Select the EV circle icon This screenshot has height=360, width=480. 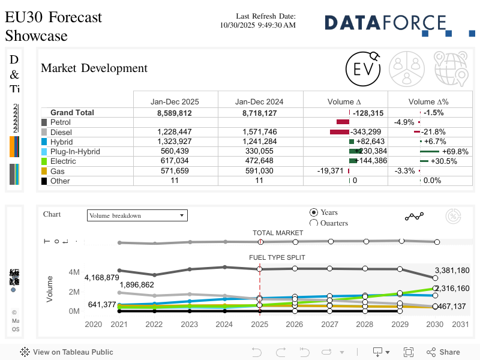pos(364,68)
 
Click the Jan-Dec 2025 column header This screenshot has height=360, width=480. pos(175,101)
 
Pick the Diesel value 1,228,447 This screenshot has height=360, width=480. pos(175,132)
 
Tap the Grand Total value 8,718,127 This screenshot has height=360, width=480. pos(259,113)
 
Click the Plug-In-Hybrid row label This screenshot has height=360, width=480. pos(75,152)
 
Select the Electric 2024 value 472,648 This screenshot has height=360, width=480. pos(259,161)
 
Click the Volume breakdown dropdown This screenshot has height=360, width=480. pos(137,215)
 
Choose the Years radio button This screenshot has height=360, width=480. pos(314,212)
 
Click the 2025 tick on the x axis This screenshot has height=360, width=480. pos(259,325)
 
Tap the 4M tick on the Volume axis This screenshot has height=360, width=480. pos(74,272)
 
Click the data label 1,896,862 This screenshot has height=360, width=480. pos(137,285)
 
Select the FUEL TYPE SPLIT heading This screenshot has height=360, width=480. pos(277,257)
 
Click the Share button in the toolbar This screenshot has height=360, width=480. pos(444,352)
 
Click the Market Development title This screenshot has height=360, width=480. pos(94,68)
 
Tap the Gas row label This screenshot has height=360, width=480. pos(58,171)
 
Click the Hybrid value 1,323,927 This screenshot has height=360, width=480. pos(175,142)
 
